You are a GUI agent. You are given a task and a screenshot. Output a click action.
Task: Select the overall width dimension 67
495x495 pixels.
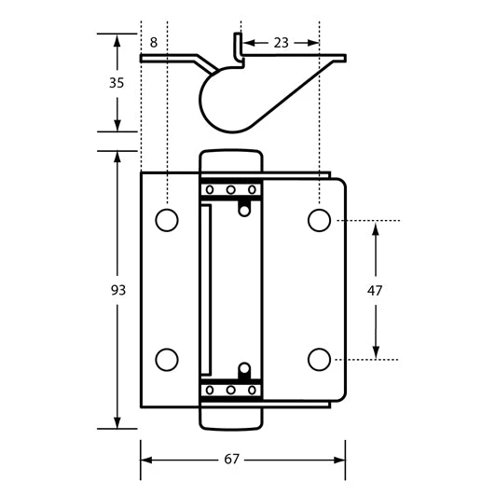243,460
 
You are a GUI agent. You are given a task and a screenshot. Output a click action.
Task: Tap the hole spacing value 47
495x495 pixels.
376,290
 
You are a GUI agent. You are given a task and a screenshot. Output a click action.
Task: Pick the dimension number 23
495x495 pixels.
281,42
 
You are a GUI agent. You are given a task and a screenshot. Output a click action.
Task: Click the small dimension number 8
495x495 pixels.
154,42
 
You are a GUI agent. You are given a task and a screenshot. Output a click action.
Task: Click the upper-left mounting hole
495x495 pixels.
167,220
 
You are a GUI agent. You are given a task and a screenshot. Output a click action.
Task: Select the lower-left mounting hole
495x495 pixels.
167,359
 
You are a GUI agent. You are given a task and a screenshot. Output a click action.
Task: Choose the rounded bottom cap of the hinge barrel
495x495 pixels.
230,418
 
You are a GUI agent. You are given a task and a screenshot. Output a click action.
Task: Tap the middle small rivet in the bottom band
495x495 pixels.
230,389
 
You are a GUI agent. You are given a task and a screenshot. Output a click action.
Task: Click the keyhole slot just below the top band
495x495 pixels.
244,208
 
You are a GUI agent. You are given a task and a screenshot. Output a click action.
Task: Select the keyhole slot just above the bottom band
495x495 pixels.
244,371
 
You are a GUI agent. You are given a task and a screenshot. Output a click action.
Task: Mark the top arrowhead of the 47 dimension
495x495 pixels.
376,227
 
